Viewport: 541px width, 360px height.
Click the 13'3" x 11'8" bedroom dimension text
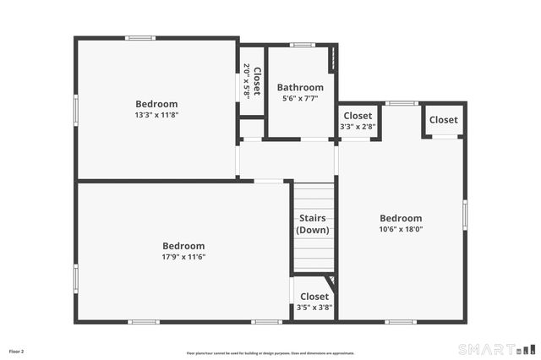click(x=156, y=115)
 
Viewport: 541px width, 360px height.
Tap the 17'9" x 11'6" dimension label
click(x=183, y=257)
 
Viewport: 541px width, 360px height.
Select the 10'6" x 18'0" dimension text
click(x=401, y=229)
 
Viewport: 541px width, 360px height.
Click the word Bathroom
click(x=300, y=87)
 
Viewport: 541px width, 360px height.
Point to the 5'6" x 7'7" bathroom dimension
click(x=300, y=98)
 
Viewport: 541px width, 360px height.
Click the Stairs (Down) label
click(x=314, y=224)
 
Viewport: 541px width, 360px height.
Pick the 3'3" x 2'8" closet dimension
click(x=358, y=127)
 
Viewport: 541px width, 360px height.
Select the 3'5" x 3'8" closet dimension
click(x=314, y=308)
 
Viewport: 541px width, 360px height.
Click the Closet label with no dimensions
click(x=443, y=120)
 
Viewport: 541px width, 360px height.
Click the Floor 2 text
click(x=17, y=351)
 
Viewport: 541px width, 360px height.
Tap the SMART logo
click(x=496, y=349)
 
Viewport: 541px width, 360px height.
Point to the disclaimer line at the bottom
click(x=270, y=353)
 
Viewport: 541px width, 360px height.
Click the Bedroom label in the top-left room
click(x=156, y=104)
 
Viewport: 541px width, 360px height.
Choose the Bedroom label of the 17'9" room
click(x=183, y=246)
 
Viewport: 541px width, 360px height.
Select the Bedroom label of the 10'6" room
click(x=401, y=218)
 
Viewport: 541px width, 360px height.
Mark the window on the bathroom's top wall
click(x=302, y=45)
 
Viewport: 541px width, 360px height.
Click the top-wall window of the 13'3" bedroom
click(x=140, y=38)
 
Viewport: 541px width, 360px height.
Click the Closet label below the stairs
click(x=314, y=297)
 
